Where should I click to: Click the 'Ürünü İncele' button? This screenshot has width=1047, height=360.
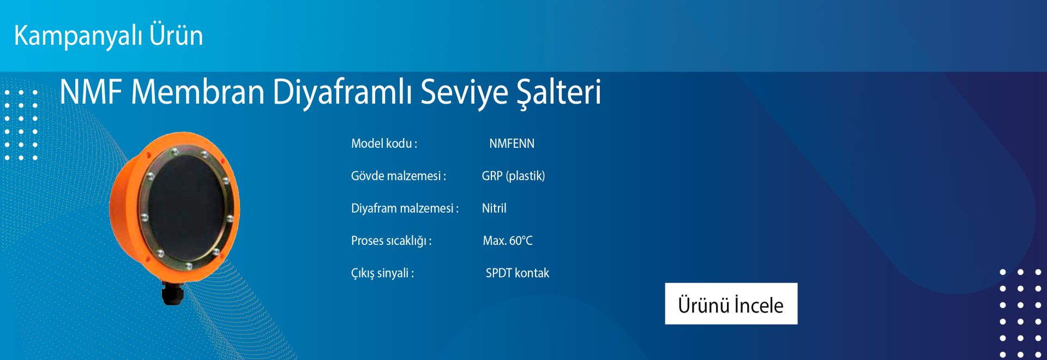pyautogui.click(x=731, y=303)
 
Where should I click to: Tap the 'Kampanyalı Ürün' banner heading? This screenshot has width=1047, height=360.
pyautogui.click(x=109, y=35)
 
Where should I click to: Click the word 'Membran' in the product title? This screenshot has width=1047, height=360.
pyautogui.click(x=198, y=92)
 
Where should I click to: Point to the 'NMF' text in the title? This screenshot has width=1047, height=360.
pyautogui.click(x=91, y=92)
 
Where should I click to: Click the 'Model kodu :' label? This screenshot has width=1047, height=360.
pyautogui.click(x=384, y=143)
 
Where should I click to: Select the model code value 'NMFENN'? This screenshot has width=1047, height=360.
pyautogui.click(x=512, y=143)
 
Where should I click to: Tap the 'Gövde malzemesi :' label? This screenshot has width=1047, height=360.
pyautogui.click(x=399, y=176)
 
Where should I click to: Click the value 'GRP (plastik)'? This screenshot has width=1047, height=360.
pyautogui.click(x=513, y=176)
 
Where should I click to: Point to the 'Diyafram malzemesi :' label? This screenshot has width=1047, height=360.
pyautogui.click(x=405, y=208)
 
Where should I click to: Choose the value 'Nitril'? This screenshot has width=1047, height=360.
pyautogui.click(x=494, y=208)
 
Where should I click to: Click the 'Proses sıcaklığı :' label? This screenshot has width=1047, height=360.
pyautogui.click(x=391, y=241)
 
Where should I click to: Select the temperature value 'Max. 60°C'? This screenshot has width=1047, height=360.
pyautogui.click(x=508, y=241)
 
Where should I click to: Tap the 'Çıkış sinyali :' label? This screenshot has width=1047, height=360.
pyautogui.click(x=382, y=273)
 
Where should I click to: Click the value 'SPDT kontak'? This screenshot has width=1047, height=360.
pyautogui.click(x=518, y=273)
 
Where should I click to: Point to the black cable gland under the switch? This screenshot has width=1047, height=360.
pyautogui.click(x=172, y=293)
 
